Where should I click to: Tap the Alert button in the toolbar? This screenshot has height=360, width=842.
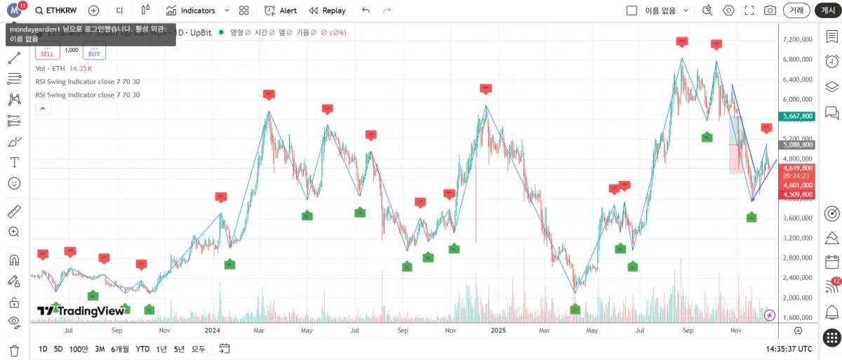[281, 11]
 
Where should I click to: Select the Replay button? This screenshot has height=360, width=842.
[327, 11]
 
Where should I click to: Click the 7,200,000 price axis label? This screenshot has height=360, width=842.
[798, 39]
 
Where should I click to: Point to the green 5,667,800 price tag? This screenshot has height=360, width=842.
[797, 116]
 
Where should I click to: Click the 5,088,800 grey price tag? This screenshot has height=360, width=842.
[797, 145]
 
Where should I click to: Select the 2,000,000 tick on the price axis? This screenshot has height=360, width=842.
[798, 298]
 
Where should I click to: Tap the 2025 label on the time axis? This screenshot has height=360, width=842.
[498, 330]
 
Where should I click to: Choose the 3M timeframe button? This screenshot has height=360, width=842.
[100, 349]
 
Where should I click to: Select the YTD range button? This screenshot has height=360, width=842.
[142, 349]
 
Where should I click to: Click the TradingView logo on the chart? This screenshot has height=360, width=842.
[80, 311]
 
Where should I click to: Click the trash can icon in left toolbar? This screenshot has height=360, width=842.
[14, 350]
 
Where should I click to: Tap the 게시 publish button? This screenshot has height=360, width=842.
[828, 11]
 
